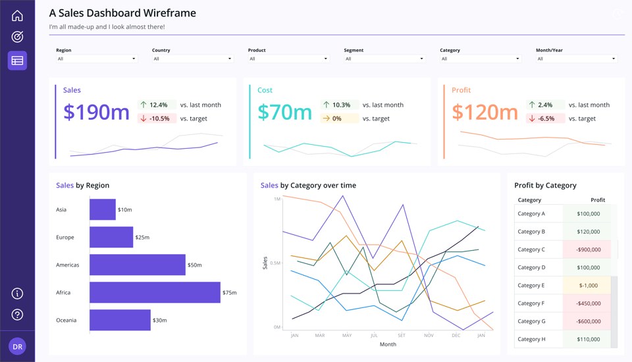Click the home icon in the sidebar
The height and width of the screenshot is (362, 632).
[x=17, y=16]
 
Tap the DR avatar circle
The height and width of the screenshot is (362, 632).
[x=17, y=346]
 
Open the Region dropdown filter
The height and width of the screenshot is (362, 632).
[x=97, y=59]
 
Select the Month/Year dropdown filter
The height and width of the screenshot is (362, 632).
[x=577, y=59]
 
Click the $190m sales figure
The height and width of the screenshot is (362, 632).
[x=96, y=112]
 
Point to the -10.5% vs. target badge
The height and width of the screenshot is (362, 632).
[x=157, y=118]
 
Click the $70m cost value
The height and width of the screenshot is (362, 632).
[x=284, y=112]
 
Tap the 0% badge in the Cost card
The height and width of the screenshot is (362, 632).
[x=340, y=118]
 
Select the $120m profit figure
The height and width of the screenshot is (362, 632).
[x=485, y=112]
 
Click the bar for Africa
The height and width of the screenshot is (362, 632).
[x=155, y=292]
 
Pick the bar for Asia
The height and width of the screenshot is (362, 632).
[x=103, y=209]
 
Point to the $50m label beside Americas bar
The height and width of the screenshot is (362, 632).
[x=195, y=265]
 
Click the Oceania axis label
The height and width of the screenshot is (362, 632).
[x=66, y=320]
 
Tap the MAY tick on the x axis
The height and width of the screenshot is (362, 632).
[x=347, y=336]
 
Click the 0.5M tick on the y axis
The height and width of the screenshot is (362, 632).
[x=275, y=263]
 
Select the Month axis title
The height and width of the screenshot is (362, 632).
[x=388, y=344]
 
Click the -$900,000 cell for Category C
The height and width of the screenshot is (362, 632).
[x=589, y=249]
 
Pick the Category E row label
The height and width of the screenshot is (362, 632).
[x=531, y=286]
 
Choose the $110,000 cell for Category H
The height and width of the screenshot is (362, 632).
[x=589, y=339]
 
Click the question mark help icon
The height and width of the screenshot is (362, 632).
[x=17, y=315]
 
